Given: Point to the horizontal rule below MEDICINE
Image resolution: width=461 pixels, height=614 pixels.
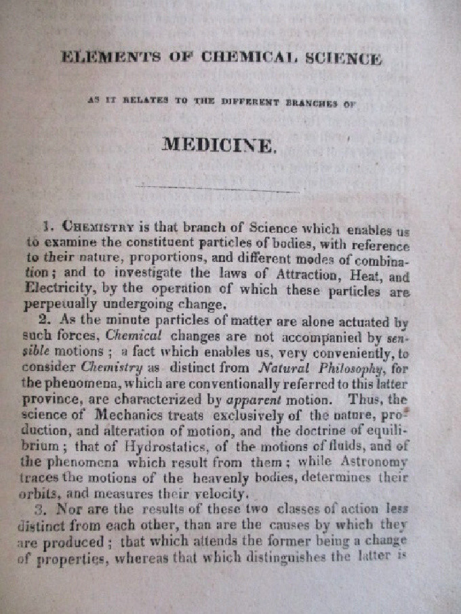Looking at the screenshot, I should point(217,188).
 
